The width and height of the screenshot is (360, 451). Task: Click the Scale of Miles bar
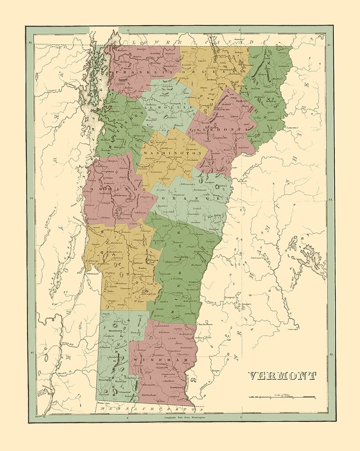(x=282, y=398)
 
